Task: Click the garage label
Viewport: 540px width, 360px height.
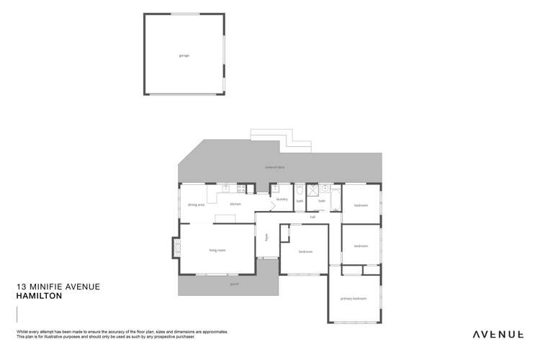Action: (x=184, y=55)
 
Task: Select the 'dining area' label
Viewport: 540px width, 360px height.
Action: (x=196, y=205)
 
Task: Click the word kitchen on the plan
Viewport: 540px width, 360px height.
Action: (x=235, y=205)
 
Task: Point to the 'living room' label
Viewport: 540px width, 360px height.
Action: (x=217, y=250)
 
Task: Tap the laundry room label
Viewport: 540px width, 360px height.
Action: (x=282, y=199)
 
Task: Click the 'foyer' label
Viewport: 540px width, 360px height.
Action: (x=266, y=236)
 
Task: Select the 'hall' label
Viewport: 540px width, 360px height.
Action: (x=312, y=216)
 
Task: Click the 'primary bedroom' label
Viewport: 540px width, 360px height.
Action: (x=354, y=298)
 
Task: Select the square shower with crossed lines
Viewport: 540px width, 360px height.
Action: (x=312, y=190)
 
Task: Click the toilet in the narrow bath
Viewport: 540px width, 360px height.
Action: (x=299, y=190)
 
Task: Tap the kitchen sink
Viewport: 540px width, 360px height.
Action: (x=225, y=188)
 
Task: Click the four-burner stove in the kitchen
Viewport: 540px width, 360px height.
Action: (x=241, y=189)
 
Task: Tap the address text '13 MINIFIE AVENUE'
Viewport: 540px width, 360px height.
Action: (x=58, y=286)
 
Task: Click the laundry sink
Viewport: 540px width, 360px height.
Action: (x=275, y=189)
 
